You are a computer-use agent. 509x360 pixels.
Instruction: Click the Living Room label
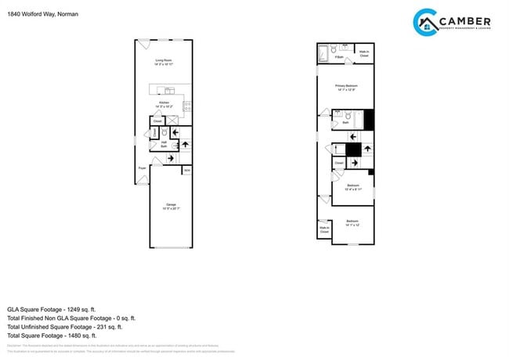[x=164, y=62]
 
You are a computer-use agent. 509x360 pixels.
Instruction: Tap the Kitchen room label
[x=164, y=105]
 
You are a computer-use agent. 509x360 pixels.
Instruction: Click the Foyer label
[x=143, y=167]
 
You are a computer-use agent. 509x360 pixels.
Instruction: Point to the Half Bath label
[x=164, y=144]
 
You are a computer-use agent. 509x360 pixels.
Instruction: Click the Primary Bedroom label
[x=346, y=88]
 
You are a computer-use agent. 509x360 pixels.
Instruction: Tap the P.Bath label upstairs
[x=339, y=57]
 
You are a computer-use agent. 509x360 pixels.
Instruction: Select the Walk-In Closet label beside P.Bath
[x=364, y=55]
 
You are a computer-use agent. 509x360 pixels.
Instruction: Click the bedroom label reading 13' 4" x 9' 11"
[x=352, y=187]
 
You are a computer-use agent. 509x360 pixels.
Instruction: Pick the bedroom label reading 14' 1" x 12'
[x=352, y=223]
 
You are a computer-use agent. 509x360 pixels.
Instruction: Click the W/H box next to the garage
[x=186, y=169]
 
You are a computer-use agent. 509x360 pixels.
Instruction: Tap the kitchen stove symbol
[x=186, y=106]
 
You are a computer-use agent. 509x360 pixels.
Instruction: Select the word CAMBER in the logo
[x=465, y=20]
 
